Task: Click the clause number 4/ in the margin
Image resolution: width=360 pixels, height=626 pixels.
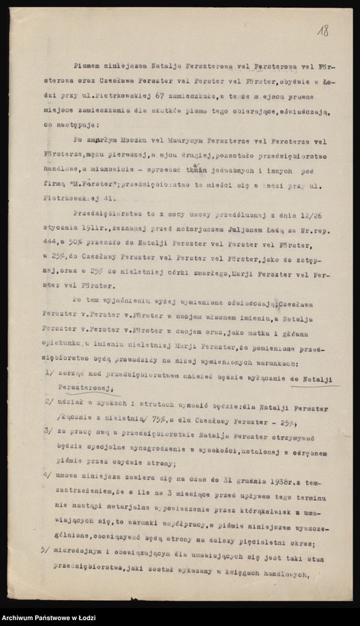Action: point(47,474)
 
